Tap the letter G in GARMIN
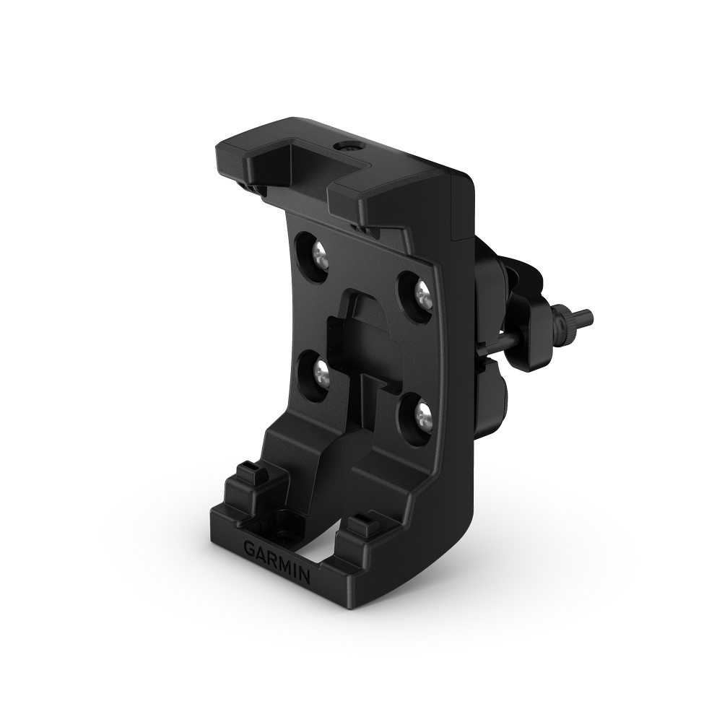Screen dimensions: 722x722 tap(248, 547)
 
